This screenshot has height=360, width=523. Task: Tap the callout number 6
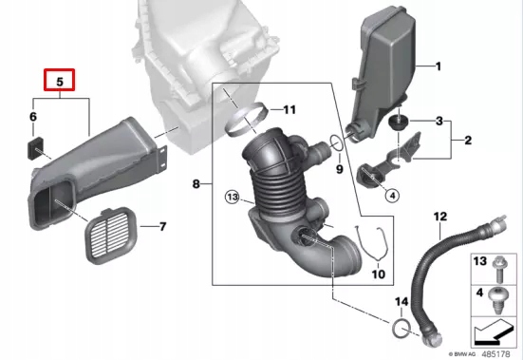coord(31,117)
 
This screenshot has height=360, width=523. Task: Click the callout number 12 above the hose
coord(439,218)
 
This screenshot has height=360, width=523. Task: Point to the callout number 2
coord(468,141)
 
